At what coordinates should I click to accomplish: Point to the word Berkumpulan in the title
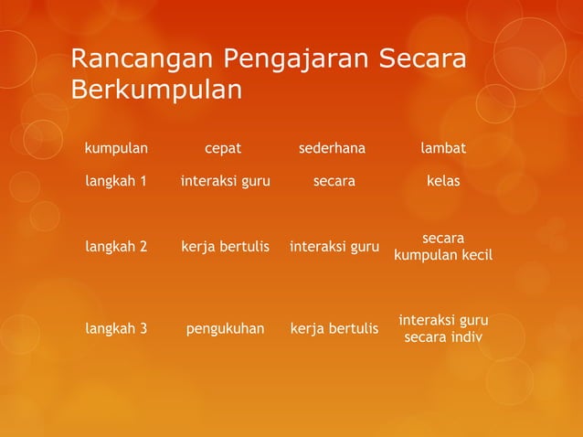click(156, 91)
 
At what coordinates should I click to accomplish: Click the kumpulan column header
click(116, 148)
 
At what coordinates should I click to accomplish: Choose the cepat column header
click(223, 148)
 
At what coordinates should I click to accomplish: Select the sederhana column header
click(333, 148)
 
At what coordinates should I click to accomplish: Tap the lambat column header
click(443, 148)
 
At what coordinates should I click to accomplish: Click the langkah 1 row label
click(116, 181)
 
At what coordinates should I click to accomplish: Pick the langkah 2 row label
click(116, 246)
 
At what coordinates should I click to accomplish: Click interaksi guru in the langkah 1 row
click(225, 181)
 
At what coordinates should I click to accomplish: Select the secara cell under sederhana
click(334, 181)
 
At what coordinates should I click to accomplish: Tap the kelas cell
click(443, 181)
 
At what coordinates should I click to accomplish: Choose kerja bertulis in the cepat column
click(225, 246)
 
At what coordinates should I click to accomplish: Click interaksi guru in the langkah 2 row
click(334, 246)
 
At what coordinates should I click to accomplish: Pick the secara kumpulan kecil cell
click(443, 246)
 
